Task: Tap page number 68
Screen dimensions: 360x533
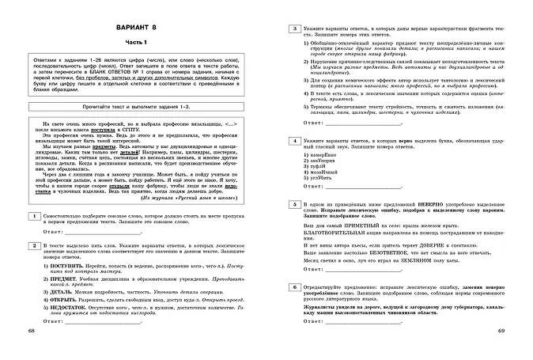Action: point(31,350)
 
